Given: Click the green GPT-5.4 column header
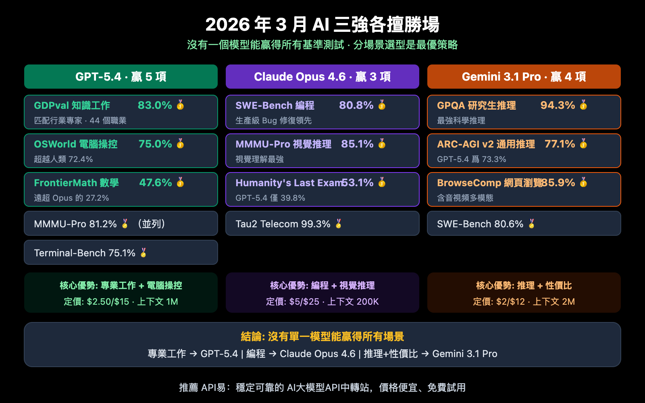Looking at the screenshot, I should click(121, 77).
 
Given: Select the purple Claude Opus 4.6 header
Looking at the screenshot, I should click(322, 77).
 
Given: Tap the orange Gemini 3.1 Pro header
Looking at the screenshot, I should click(524, 77).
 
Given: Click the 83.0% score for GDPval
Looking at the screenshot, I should click(155, 105).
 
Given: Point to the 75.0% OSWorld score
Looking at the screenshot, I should click(155, 144).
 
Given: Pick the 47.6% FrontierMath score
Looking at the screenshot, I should click(156, 183).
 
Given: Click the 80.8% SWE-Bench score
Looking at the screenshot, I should click(356, 105).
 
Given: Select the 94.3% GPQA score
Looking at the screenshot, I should click(558, 105).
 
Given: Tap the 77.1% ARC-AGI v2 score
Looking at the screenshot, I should click(560, 144).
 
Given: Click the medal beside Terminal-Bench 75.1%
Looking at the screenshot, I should click(144, 253).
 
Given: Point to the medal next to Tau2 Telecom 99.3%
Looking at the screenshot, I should click(339, 224).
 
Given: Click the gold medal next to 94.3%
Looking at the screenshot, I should click(583, 105).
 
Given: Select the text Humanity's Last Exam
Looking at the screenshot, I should click(289, 183).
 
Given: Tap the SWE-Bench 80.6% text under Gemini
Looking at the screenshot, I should click(480, 224).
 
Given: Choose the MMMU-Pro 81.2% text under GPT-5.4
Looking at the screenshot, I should click(75, 224).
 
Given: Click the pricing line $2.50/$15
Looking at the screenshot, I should click(121, 301).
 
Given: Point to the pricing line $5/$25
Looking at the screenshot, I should click(322, 301).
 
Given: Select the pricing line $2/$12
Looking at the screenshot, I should click(524, 301).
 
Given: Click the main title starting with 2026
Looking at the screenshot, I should click(322, 25).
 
